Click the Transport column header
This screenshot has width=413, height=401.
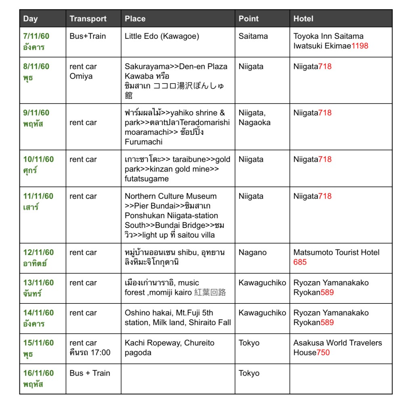pos(88,19)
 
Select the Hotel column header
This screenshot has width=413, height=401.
pos(303,19)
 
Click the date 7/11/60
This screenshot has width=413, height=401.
pos(36,36)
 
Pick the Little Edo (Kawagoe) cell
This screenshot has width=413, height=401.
pos(162,36)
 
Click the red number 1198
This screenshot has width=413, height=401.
pos(360,46)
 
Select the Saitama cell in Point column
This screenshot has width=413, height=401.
pos(253,36)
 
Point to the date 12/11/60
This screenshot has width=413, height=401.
pos(38,253)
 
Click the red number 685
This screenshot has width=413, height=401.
pos(300,262)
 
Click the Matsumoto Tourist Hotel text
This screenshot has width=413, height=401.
pos(336,253)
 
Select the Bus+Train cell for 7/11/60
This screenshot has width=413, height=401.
pos(88,36)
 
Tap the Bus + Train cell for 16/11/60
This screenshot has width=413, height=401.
pos(90,373)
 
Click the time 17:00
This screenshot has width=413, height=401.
pos(100,353)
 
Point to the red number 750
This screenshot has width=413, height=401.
pos(323,353)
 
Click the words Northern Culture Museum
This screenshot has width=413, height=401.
pos(171,196)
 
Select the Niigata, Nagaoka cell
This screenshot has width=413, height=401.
pos(254,118)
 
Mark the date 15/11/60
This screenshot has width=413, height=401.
pos(38,343)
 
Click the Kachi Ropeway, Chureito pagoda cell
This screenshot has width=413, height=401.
pos(169,348)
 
